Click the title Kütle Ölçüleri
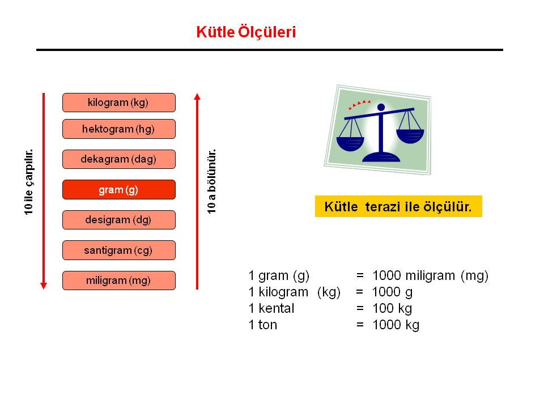[x=246, y=32]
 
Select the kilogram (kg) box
[x=119, y=103]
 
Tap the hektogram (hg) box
[x=119, y=129]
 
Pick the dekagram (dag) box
[x=119, y=159]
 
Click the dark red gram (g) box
[x=119, y=190]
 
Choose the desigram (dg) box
[x=119, y=220]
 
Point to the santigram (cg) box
[x=119, y=250]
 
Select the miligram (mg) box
[x=119, y=280]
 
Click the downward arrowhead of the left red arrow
[x=44, y=286]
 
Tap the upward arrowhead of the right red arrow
[x=197, y=96]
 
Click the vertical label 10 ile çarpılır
[x=28, y=182]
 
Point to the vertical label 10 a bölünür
[x=211, y=181]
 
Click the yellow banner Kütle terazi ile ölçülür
[x=398, y=206]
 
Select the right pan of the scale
[x=410, y=137]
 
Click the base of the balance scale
[x=381, y=157]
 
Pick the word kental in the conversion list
[x=276, y=308]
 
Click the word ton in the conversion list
[x=267, y=325]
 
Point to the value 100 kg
[x=392, y=308]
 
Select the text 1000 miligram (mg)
[x=430, y=276]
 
